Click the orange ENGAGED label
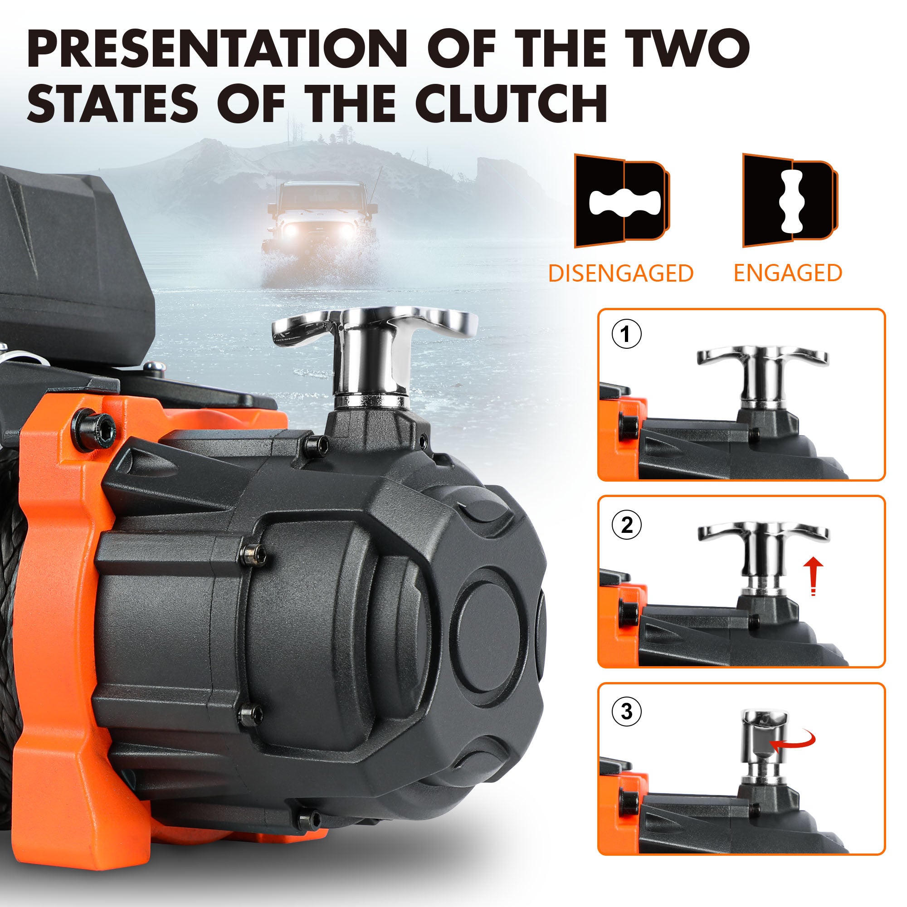tap(788, 273)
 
